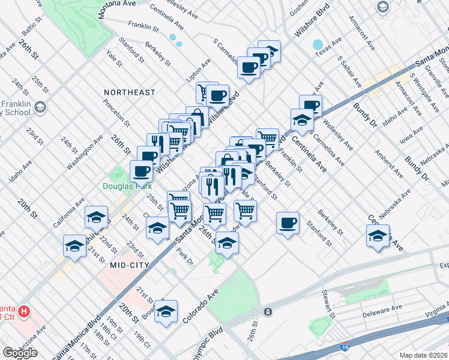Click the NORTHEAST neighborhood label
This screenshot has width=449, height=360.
click(x=129, y=92)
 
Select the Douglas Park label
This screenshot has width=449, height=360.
click(x=127, y=186)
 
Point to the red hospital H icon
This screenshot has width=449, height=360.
click(x=24, y=311)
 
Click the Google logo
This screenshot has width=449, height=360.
click(x=20, y=353)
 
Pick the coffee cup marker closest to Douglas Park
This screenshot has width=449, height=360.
click(x=142, y=172)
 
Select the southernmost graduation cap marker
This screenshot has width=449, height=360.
click(x=166, y=311)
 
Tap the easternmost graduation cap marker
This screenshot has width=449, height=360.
click(x=378, y=236)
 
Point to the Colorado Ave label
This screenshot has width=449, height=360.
click(x=205, y=304)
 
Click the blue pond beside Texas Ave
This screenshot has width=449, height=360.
click(x=317, y=45)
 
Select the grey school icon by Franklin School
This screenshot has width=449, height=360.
click(x=40, y=108)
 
